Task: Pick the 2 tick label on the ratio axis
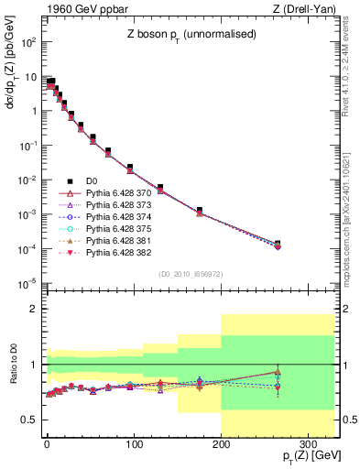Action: coord(34,309)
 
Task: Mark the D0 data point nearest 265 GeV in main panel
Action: coord(278,244)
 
